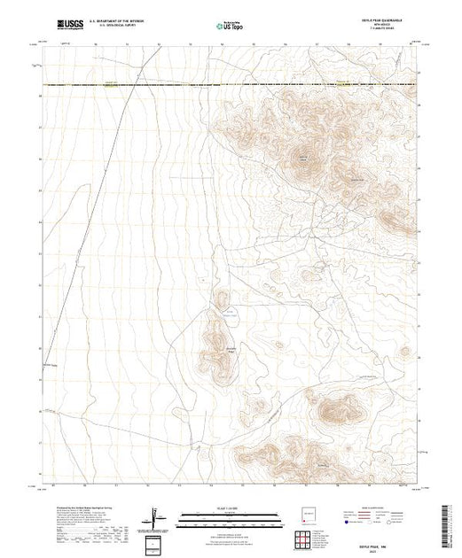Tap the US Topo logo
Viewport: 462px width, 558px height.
tap(231, 27)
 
